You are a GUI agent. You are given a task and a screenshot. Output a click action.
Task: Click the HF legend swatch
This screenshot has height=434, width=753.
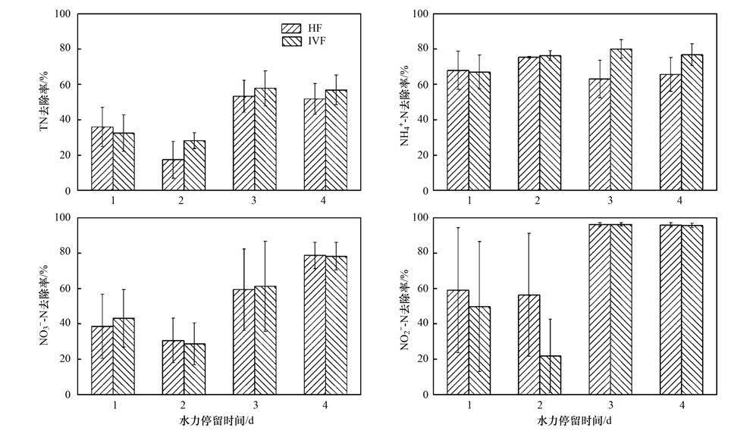(x=291, y=28)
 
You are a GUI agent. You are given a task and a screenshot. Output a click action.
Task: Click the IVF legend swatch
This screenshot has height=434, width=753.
(x=291, y=41)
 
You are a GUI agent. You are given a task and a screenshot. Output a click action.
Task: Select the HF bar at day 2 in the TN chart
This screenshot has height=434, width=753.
(x=174, y=175)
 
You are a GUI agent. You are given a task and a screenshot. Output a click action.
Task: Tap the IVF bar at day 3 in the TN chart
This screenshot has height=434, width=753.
(x=265, y=139)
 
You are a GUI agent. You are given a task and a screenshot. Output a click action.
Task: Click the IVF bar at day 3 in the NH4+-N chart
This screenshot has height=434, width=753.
(x=621, y=120)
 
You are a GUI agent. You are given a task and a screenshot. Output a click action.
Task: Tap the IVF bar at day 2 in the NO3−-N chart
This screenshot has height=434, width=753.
(x=195, y=369)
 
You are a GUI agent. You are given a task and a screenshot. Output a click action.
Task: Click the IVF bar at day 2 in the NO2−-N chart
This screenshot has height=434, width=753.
(x=551, y=375)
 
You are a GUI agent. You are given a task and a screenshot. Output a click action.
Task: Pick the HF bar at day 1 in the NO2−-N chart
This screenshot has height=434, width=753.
(x=458, y=342)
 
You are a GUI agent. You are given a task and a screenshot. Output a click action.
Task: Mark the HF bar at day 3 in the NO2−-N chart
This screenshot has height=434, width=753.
(x=599, y=309)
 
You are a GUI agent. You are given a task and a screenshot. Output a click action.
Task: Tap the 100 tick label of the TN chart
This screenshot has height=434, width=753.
(x=63, y=14)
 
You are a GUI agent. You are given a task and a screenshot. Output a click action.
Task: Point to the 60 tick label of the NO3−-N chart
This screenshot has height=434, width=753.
(x=66, y=289)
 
